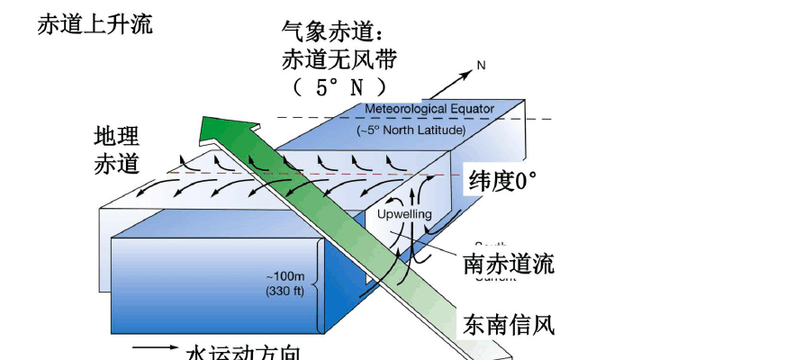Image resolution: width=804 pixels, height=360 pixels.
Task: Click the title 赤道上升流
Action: pos(95,24)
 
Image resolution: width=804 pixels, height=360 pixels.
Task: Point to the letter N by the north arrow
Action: pos(481,66)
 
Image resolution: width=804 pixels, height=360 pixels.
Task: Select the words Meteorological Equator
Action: pos(429,109)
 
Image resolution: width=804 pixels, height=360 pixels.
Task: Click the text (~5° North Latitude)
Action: pos(411,130)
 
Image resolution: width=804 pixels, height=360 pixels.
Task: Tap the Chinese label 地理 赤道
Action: pos(117,150)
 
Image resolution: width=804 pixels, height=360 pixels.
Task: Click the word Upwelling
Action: pos(404,214)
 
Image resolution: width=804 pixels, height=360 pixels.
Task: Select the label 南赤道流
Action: pos(508,265)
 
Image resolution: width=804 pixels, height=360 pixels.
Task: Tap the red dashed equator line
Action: pos(432,174)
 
